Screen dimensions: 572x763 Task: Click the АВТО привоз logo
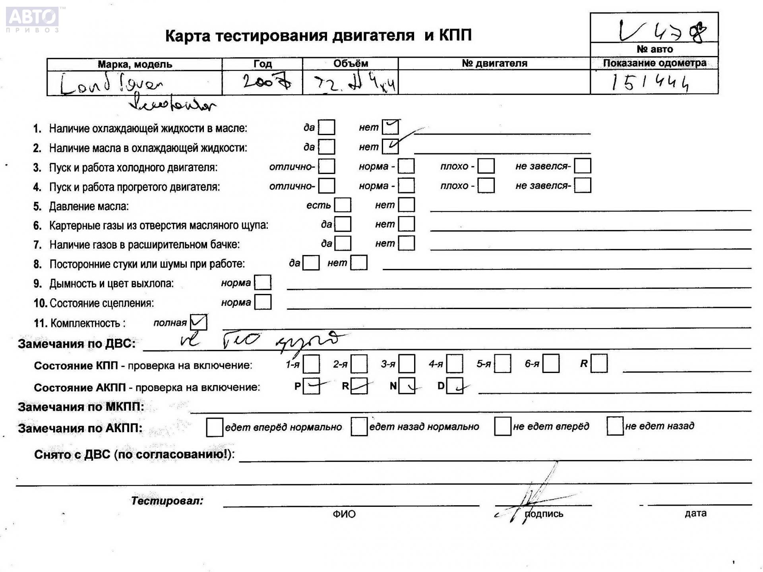pos(33,19)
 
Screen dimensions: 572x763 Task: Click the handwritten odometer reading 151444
pos(650,83)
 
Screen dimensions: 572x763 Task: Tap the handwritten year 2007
pos(267,82)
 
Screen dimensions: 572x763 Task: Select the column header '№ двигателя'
pos(494,63)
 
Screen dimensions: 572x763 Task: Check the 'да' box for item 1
pos(327,128)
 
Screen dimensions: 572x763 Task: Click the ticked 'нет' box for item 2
pos(390,147)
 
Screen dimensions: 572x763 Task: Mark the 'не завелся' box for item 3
pos(582,166)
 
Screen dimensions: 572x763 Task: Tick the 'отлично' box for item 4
pos(327,186)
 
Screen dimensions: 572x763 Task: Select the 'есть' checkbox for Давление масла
pos(343,205)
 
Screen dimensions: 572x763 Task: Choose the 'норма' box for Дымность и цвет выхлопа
pos(263,282)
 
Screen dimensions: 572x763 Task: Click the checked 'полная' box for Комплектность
pos(198,322)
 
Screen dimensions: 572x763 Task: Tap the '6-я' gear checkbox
pos(551,363)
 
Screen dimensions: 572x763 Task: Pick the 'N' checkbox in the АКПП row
pos(407,386)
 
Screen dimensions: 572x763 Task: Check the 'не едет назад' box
pos(615,426)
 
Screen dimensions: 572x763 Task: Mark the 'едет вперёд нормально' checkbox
pos(215,427)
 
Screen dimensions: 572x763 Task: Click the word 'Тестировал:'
pos(167,500)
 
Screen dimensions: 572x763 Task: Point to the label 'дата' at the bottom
pos(695,513)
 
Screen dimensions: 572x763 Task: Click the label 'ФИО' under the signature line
pos(344,514)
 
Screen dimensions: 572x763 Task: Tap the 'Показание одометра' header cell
pos(654,63)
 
